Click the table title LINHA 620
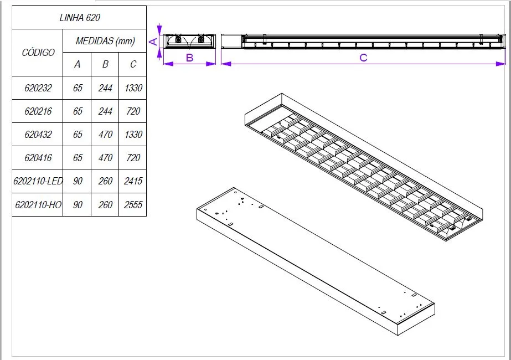click(x=80, y=18)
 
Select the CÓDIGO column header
click(x=38, y=53)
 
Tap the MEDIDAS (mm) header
click(x=105, y=41)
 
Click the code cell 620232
click(x=38, y=88)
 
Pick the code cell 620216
click(x=38, y=111)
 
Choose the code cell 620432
click(x=38, y=135)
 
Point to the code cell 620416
click(x=38, y=158)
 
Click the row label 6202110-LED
click(x=38, y=181)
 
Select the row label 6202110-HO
click(x=38, y=204)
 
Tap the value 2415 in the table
click(x=133, y=181)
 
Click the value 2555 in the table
click(x=133, y=204)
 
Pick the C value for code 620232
click(x=133, y=88)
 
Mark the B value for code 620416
click(x=105, y=158)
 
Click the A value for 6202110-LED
click(x=78, y=181)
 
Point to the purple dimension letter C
click(x=363, y=58)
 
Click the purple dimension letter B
click(x=189, y=58)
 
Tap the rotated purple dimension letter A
click(x=154, y=41)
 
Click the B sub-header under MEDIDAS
click(x=105, y=64)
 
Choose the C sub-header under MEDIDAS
click(x=133, y=64)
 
